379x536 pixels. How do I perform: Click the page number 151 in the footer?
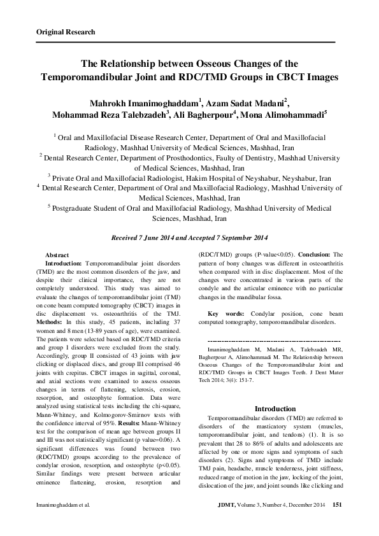click(338, 504)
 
